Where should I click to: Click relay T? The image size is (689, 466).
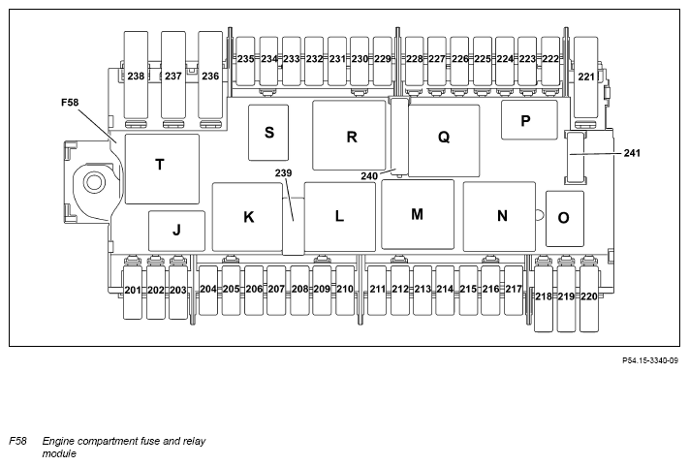point(162,168)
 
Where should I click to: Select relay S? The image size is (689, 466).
point(269,133)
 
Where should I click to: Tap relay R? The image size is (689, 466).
point(352,137)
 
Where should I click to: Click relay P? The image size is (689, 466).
point(528,121)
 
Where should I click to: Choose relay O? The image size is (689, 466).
point(563,219)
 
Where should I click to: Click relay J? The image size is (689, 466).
point(176,231)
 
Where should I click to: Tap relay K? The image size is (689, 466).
point(248,217)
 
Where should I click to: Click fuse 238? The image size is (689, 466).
point(136,76)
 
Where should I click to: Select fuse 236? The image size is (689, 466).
point(210,76)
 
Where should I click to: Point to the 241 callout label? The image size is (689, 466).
point(633,153)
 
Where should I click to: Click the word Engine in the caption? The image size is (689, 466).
point(62,441)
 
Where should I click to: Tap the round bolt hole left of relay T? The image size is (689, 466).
point(94,181)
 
